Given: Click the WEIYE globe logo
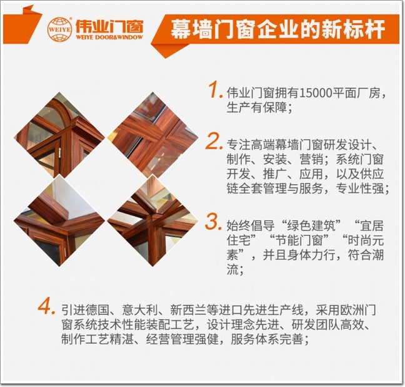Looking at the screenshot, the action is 59,29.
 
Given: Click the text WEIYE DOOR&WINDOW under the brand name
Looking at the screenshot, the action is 109,38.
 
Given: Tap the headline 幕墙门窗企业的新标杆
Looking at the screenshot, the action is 277,29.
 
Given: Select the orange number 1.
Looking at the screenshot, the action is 216,90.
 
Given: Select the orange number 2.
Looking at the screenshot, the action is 214,142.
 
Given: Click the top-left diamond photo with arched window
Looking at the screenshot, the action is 59,135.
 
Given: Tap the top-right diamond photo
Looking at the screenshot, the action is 153,135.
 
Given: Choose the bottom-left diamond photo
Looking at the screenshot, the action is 59,220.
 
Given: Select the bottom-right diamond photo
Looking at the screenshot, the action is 153,220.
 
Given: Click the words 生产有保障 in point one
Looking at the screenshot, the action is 257,108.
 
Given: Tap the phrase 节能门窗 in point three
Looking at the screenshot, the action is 299,240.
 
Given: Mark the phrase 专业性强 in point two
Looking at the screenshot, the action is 360,188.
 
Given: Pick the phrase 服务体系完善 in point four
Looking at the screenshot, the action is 267,339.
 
